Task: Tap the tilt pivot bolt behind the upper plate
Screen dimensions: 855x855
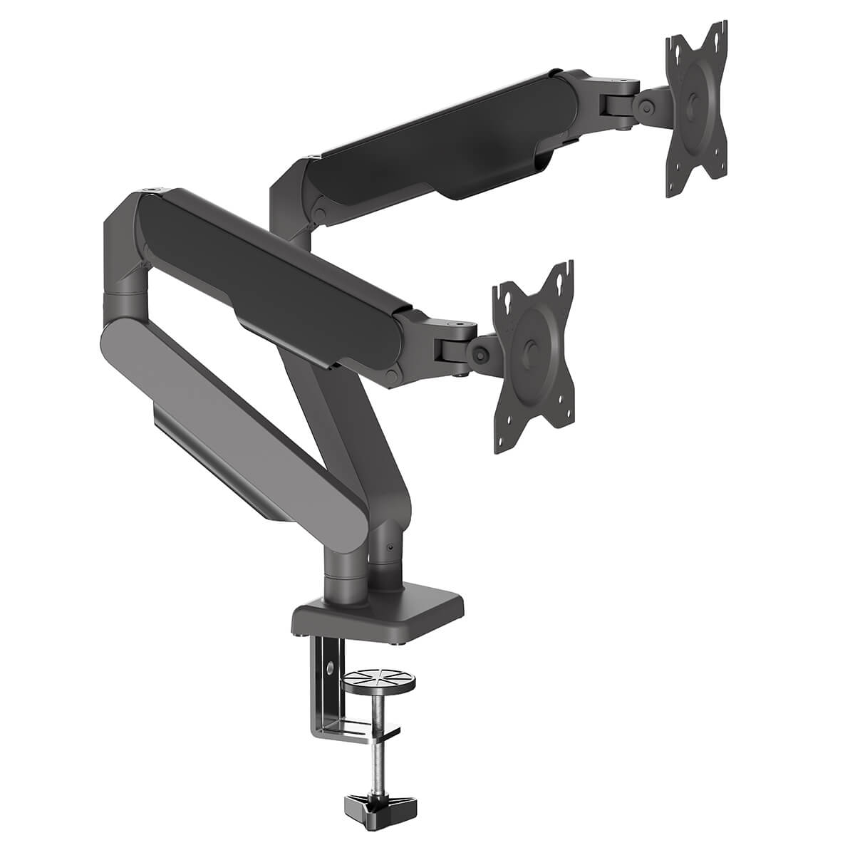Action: tap(647, 107)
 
